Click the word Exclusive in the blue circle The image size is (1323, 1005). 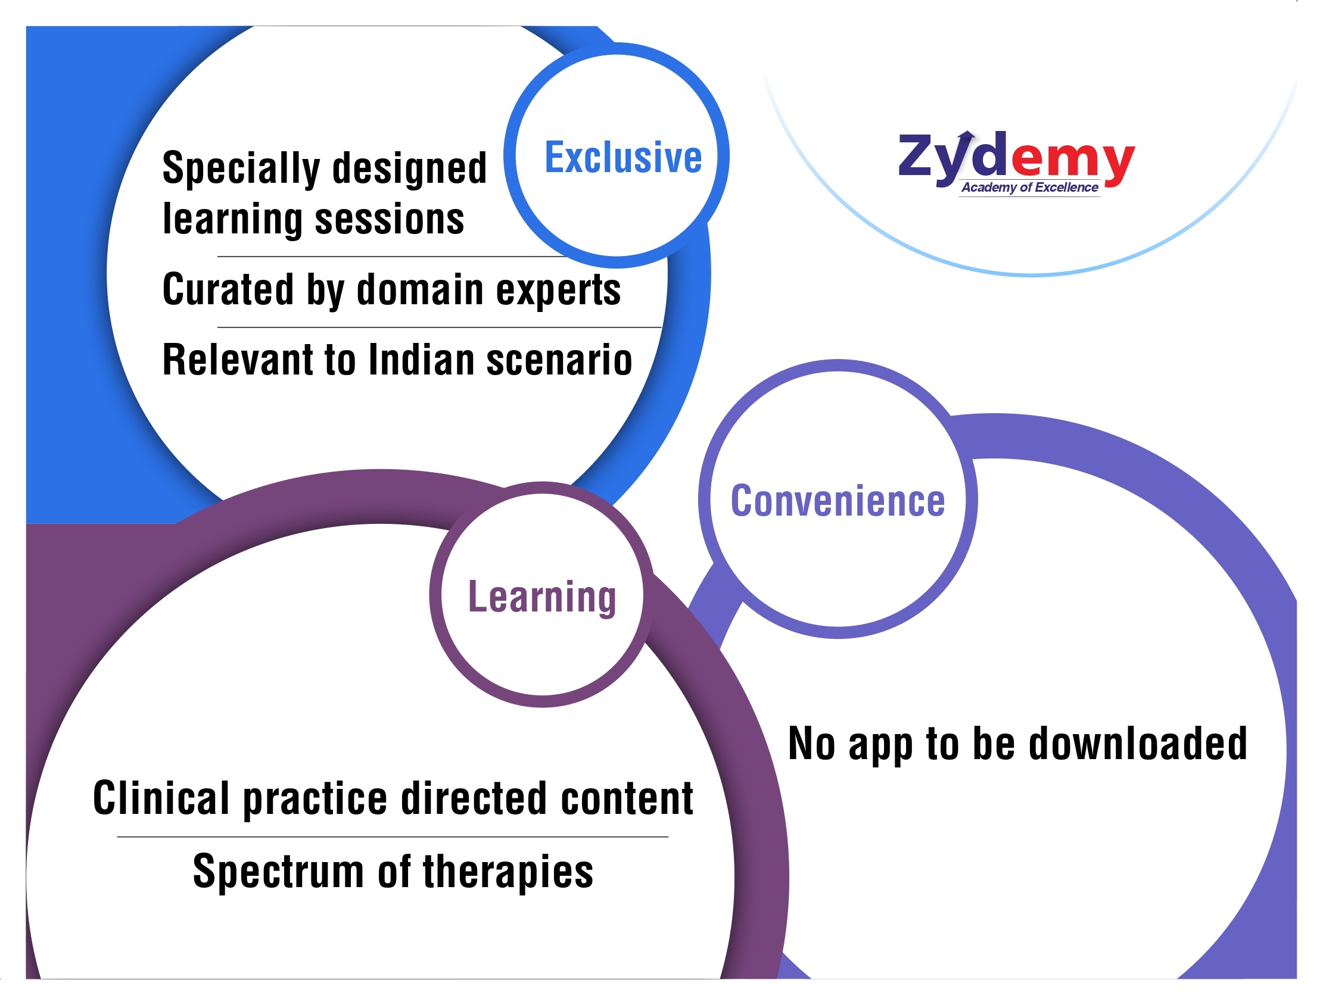point(623,157)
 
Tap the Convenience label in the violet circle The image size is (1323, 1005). point(838,501)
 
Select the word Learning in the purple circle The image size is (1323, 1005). point(542,597)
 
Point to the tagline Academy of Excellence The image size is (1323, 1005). point(1030,187)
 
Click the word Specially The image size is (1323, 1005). point(241,168)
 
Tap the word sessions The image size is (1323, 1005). point(390,219)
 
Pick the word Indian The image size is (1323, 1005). point(422,360)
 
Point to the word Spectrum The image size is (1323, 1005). point(278,872)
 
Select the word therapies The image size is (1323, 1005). point(508,873)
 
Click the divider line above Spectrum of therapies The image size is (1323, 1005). point(393,837)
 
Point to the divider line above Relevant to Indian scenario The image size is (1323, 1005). point(439,327)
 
